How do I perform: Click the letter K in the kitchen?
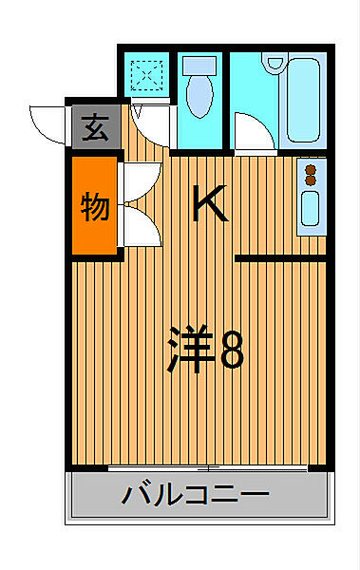pyautogui.click(x=210, y=202)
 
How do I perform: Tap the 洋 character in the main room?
pyautogui.click(x=189, y=350)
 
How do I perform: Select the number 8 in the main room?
pyautogui.click(x=233, y=350)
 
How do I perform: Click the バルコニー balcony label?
pyautogui.click(x=196, y=495)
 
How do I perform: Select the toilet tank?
pyautogui.click(x=199, y=66)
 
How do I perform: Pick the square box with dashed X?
pyautogui.click(x=147, y=74)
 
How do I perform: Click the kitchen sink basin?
pyautogui.click(x=311, y=209)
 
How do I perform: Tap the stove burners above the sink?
pyautogui.click(x=311, y=174)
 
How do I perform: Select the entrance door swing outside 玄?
pyautogui.click(x=47, y=122)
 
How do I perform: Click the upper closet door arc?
pyautogui.click(x=136, y=181)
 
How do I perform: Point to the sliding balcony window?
pyautogui.click(x=209, y=468)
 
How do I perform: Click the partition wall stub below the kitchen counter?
pyautogui.click(x=280, y=257)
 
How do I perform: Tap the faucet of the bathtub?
pyautogui.click(x=277, y=64)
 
